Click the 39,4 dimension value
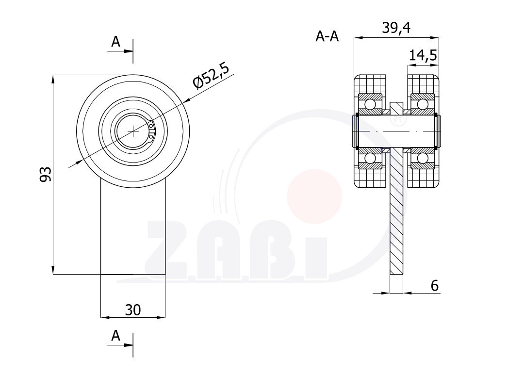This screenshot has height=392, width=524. coord(396,28)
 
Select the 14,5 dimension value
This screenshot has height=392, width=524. coord(423,55)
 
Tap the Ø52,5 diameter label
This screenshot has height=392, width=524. coord(211,77)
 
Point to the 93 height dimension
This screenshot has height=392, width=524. coord(46,174)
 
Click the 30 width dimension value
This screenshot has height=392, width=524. coord(133,310)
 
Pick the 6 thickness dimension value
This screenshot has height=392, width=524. coord(434,286)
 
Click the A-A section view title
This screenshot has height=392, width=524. coord(327,36)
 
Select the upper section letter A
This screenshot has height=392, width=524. coord(115,42)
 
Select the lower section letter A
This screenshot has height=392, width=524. coord(115,335)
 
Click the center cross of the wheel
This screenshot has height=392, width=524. coord(133,131)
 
